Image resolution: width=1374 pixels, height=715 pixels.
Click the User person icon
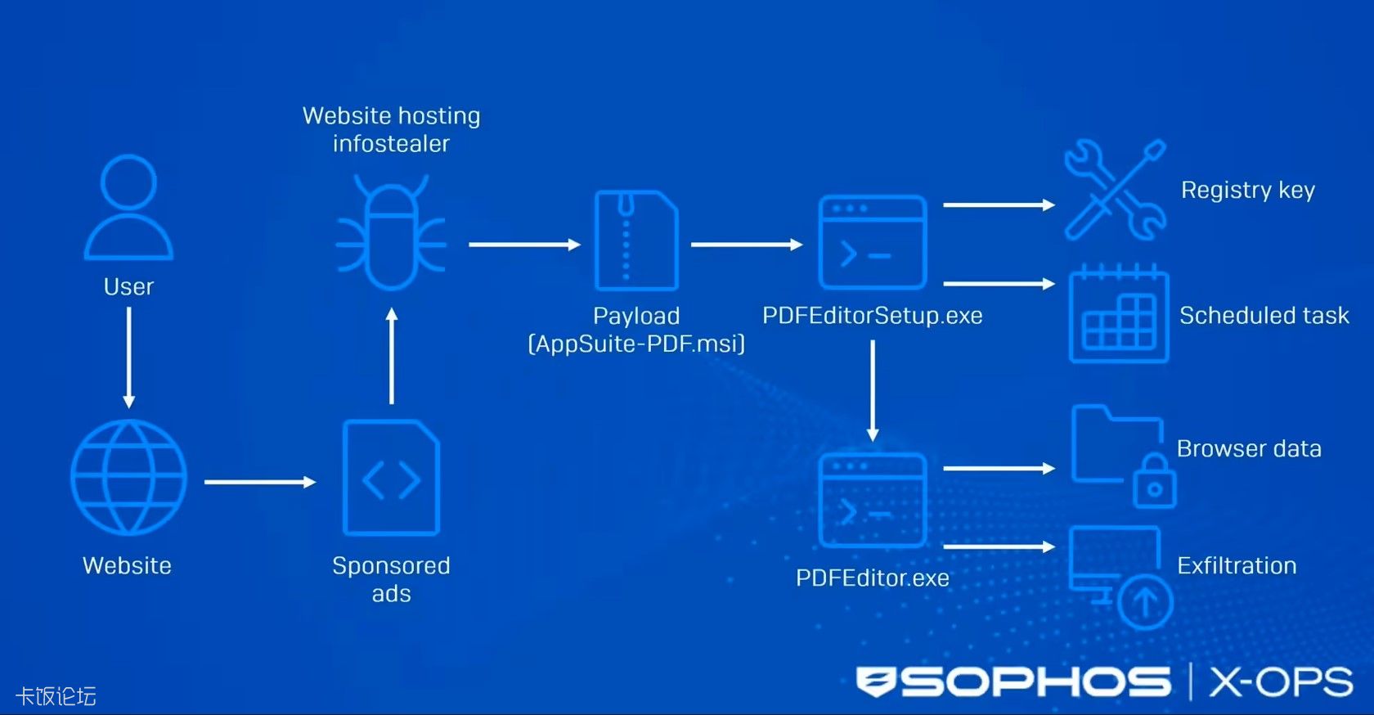coord(128,208)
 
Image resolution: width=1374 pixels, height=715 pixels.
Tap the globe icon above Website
coord(128,478)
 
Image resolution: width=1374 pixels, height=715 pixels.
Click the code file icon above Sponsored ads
coord(391,478)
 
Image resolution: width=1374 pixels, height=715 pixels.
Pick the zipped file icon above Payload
coord(636,241)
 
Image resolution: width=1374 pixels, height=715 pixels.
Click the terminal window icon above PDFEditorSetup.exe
coord(873,242)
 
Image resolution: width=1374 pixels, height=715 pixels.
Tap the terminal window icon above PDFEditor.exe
coord(873,500)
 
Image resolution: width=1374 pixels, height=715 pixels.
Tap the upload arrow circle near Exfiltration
coord(1145,601)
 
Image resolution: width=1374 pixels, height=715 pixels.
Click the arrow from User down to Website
coord(128,357)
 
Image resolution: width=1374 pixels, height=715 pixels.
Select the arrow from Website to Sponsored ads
coord(259,482)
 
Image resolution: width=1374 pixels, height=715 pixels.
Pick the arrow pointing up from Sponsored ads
coord(392,356)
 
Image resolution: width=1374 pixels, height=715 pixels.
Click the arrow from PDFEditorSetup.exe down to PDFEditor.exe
coord(873,390)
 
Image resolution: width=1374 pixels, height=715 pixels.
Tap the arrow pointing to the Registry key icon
coord(999,205)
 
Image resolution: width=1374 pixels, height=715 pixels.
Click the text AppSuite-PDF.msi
coord(637,344)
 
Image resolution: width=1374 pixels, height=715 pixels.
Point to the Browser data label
coord(1249,448)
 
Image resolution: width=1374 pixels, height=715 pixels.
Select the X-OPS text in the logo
coord(1281,682)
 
